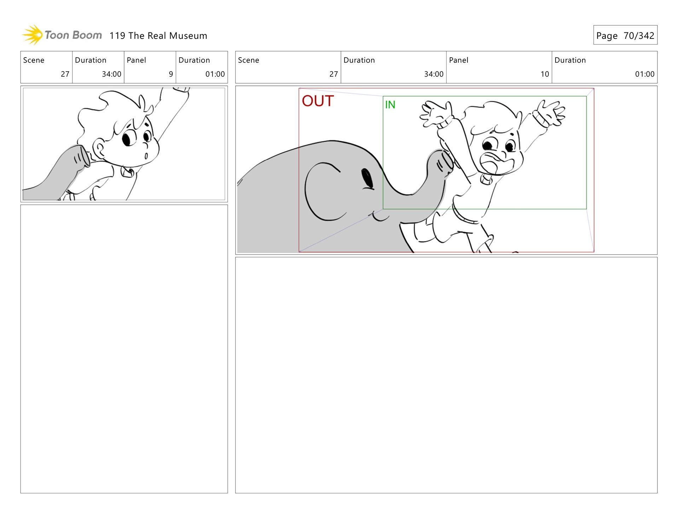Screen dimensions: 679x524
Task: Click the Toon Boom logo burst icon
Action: [x=33, y=35]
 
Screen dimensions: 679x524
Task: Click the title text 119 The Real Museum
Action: [x=158, y=36]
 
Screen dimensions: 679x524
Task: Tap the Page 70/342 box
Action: [x=625, y=35]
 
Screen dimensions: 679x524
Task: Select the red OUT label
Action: [x=318, y=101]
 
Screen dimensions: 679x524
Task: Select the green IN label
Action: [x=390, y=105]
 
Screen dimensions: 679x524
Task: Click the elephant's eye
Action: [x=367, y=178]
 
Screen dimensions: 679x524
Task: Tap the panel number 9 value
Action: [x=171, y=74]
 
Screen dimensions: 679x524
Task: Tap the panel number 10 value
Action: [x=545, y=74]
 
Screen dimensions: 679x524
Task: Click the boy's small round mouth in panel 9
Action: [x=146, y=155]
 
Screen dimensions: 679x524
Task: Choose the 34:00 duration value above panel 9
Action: [x=111, y=74]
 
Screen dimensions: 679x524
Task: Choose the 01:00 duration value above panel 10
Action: [x=645, y=74]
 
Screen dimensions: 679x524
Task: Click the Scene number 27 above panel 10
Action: [x=333, y=74]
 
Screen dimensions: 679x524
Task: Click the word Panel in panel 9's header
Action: [x=136, y=60]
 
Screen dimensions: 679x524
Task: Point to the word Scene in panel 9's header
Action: [x=34, y=60]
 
